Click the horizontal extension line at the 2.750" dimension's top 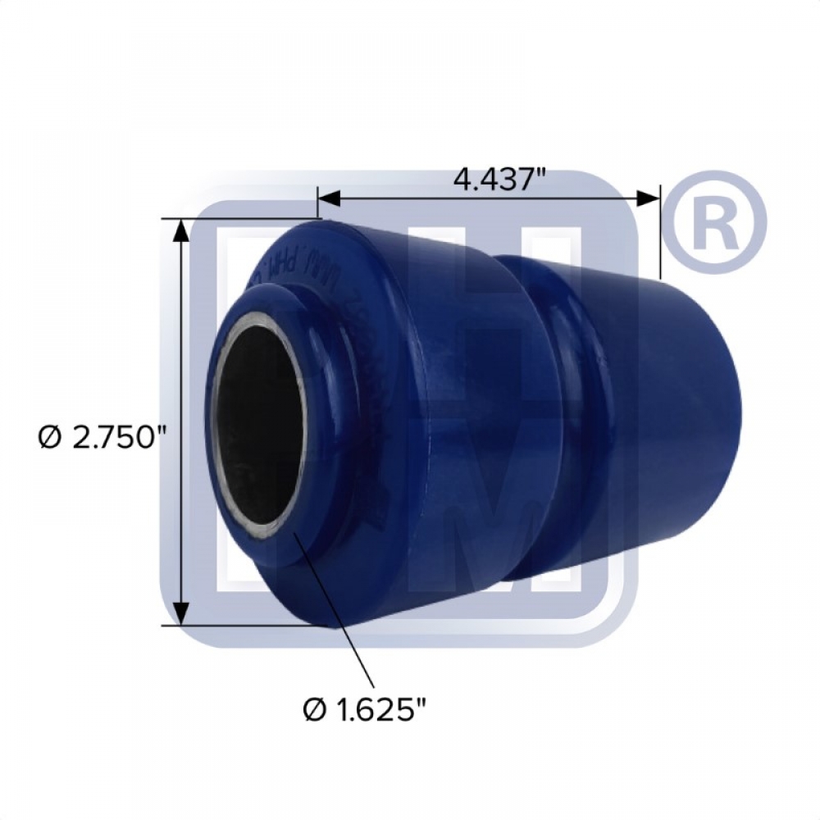click(246, 218)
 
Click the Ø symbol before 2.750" click(48, 439)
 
